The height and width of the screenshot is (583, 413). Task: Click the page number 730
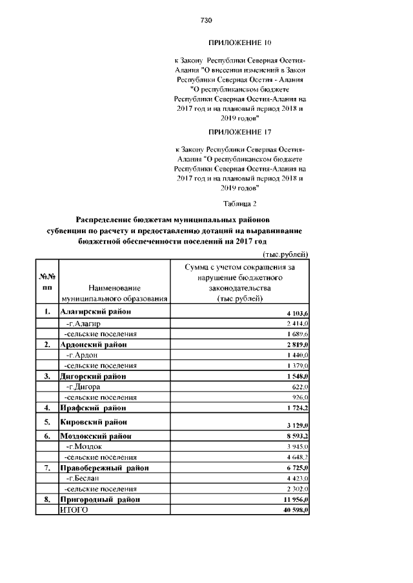[206, 21]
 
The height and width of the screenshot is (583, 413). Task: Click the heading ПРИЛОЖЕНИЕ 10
[239, 43]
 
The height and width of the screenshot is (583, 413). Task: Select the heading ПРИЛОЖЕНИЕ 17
[239, 131]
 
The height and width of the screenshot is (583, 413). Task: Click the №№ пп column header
[47, 282]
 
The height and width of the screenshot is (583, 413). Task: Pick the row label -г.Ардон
[82, 355]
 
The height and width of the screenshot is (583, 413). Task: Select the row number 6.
[47, 436]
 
